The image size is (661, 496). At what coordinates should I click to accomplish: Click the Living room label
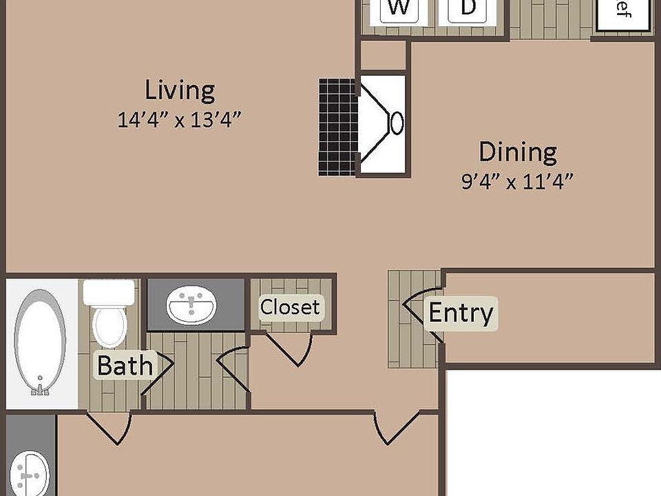(180, 90)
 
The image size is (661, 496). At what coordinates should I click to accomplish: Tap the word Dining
(518, 152)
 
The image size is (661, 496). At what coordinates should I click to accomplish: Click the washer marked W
(397, 10)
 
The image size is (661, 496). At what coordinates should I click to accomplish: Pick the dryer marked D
(468, 10)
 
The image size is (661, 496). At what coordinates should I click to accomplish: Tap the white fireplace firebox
(383, 124)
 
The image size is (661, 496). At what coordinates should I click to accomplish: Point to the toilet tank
(109, 292)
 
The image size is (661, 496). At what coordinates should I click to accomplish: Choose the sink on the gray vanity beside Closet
(192, 306)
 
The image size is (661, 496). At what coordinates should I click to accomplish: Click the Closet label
(290, 307)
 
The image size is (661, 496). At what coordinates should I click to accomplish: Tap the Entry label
(461, 313)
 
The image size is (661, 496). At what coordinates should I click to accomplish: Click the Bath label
(124, 365)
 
